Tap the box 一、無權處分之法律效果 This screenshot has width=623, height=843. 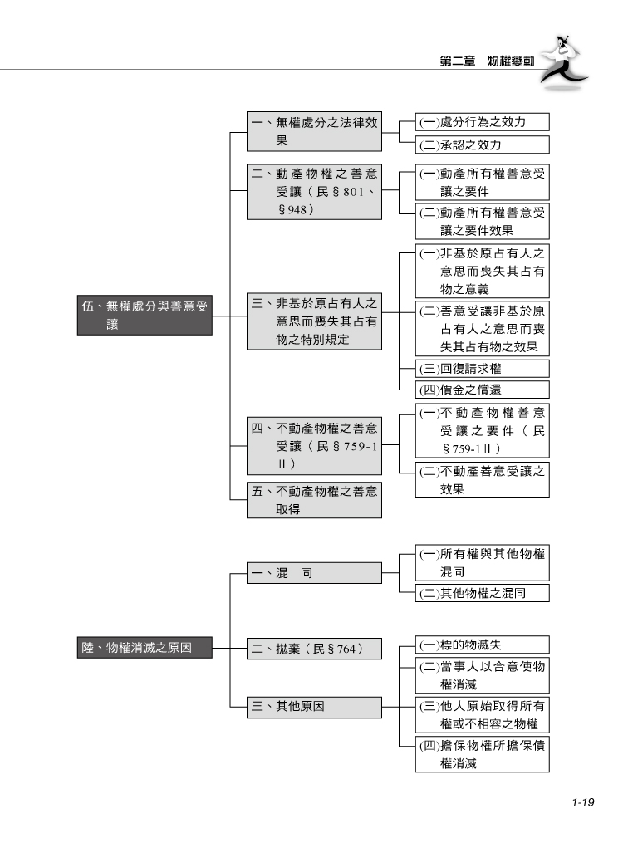pyautogui.click(x=314, y=131)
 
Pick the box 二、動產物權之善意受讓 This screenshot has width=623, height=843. pyautogui.click(x=314, y=192)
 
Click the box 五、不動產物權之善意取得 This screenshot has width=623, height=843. pyautogui.click(x=314, y=501)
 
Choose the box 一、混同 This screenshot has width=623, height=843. pyautogui.click(x=314, y=573)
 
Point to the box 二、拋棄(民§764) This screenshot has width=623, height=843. pyautogui.click(x=314, y=648)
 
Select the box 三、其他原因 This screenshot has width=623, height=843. pyautogui.click(x=314, y=707)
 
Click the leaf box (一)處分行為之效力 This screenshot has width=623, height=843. pyautogui.click(x=482, y=122)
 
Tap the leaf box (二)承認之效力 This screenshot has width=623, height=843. pyautogui.click(x=482, y=145)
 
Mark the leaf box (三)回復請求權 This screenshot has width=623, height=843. pyautogui.click(x=482, y=368)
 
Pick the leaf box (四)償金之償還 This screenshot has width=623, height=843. pyautogui.click(x=482, y=390)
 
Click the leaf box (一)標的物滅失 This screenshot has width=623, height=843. pyautogui.click(x=482, y=645)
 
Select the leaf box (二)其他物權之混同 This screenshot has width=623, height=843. pyautogui.click(x=482, y=593)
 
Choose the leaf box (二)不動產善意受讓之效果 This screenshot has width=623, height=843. pyautogui.click(x=482, y=480)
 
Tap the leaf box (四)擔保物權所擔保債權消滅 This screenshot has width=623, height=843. pyautogui.click(x=482, y=754)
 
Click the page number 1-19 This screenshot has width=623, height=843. pyautogui.click(x=580, y=802)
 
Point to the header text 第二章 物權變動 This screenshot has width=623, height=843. pyautogui.click(x=488, y=61)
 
